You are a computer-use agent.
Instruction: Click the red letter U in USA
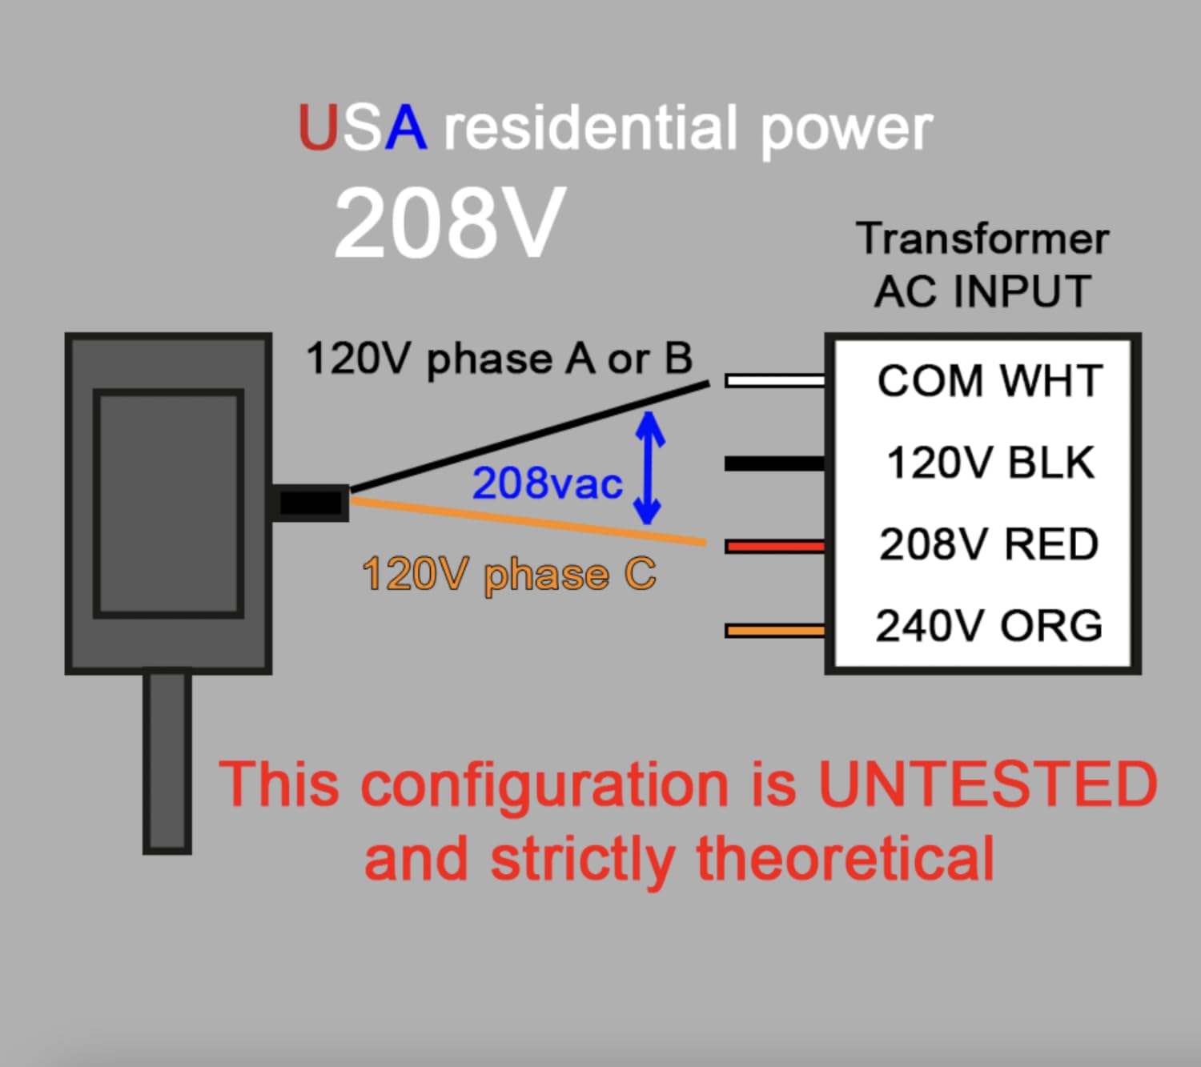point(319,128)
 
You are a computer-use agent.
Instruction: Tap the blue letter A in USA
point(405,128)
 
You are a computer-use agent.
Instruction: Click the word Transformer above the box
point(982,239)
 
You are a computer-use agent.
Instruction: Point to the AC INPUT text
point(982,291)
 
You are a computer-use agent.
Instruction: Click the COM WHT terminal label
point(990,381)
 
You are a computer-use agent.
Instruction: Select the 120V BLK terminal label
point(990,463)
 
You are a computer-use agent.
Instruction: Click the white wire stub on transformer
point(775,380)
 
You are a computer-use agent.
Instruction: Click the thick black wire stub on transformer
point(775,463)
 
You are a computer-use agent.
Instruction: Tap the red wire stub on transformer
point(775,547)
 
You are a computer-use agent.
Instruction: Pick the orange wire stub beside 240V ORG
point(775,631)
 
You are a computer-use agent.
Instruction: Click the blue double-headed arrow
point(649,468)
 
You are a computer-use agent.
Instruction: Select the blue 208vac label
point(548,483)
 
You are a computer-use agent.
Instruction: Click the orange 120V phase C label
point(509,575)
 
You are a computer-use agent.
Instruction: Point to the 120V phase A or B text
point(499,359)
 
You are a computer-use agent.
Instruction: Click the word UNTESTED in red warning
point(987,784)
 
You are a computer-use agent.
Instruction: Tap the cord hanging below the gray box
point(167,760)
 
